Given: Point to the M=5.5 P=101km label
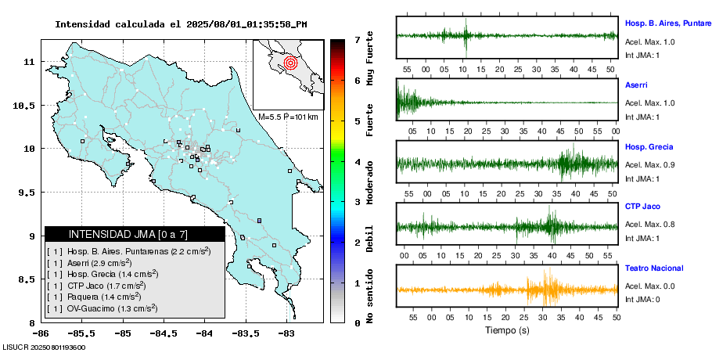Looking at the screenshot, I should click(288, 117).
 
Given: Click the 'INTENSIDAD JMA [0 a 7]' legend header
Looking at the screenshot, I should click(128, 234).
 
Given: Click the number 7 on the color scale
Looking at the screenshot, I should click(357, 39).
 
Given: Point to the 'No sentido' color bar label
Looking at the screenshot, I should click(370, 297).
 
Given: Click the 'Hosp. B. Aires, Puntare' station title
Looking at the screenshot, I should click(667, 23).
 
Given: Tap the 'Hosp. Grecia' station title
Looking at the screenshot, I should click(649, 146).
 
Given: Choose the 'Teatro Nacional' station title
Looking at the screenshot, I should click(654, 268).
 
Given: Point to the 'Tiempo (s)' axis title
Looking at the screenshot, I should click(506, 330).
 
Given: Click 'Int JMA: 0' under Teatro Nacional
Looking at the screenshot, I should click(643, 300).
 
